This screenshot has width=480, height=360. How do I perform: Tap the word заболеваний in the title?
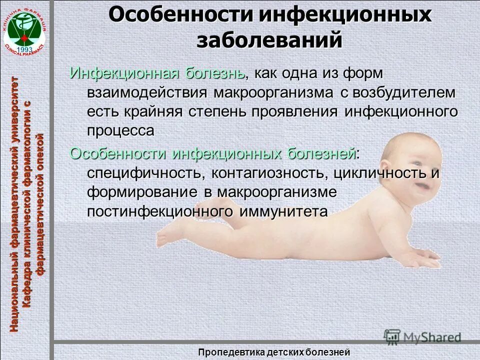point(269,40)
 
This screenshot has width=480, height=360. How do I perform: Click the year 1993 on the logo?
point(24,49)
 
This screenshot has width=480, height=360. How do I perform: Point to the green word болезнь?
point(215,73)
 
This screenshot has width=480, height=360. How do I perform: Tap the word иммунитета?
point(283,211)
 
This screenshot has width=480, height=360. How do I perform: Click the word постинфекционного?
point(160,211)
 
